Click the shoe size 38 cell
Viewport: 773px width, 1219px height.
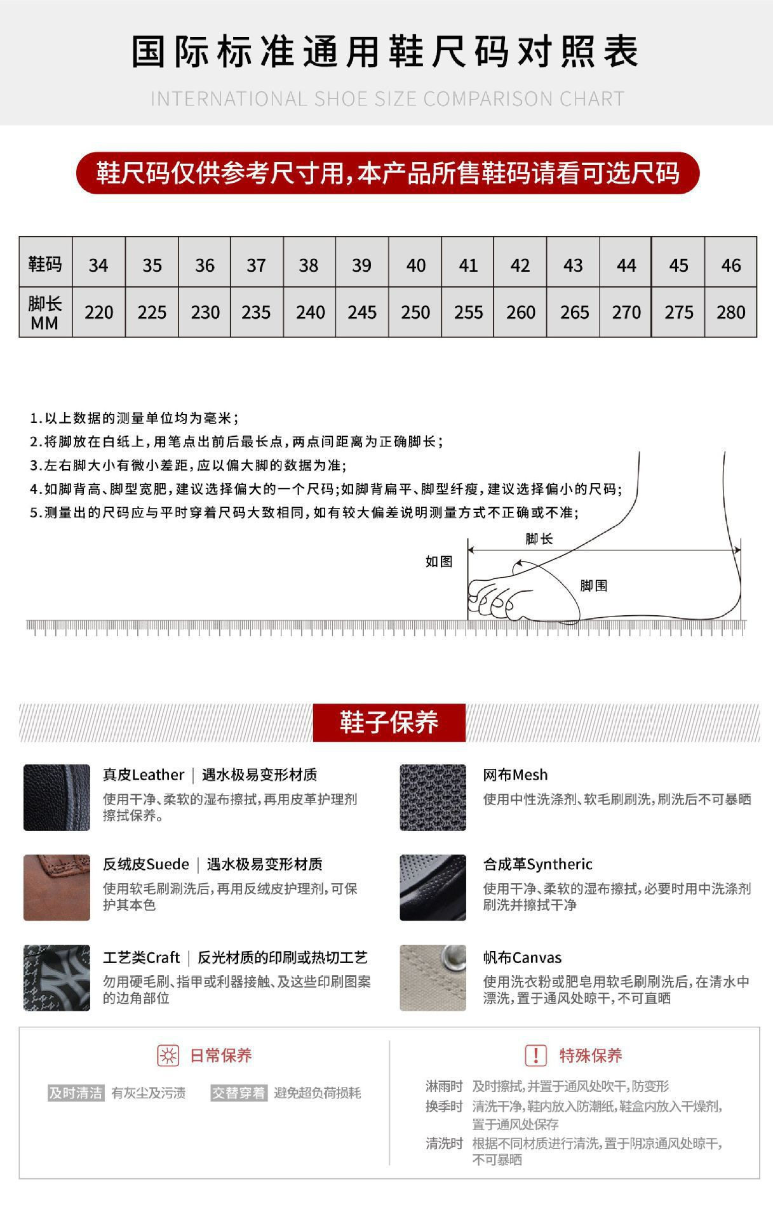tap(309, 265)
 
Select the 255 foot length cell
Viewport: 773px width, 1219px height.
tap(468, 312)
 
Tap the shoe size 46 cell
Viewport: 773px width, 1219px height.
tap(730, 265)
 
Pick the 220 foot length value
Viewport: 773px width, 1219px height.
tap(98, 312)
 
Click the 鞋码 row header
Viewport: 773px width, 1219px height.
tap(45, 263)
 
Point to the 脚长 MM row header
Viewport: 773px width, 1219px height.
tap(45, 312)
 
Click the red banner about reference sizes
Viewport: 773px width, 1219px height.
tap(387, 173)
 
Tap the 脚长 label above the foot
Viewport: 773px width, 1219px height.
tap(539, 539)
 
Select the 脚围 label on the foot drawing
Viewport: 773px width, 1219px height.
tap(593, 585)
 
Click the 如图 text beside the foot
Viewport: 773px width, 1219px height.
tap(439, 561)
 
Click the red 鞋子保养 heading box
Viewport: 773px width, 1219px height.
tap(389, 723)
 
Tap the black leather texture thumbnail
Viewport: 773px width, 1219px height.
tap(57, 797)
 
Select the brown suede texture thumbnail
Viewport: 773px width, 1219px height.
tap(57, 888)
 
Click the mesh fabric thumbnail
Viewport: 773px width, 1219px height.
tap(433, 797)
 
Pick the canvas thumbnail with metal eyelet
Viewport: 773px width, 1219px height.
tap(433, 978)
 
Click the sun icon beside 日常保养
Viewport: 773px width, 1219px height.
tap(168, 1056)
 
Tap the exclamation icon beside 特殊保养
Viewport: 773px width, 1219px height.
tap(535, 1056)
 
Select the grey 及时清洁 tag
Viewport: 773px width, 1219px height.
tap(76, 1093)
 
